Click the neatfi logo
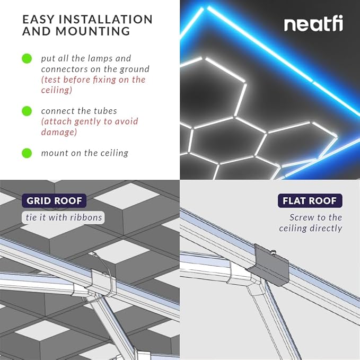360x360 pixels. tap(313, 24)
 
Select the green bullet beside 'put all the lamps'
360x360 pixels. tap(27, 58)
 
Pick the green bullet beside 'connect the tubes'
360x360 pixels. tap(27, 111)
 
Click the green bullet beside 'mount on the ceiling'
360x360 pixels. tap(27, 153)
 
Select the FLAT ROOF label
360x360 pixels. tap(310, 201)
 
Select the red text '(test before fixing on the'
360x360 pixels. tap(93, 80)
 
